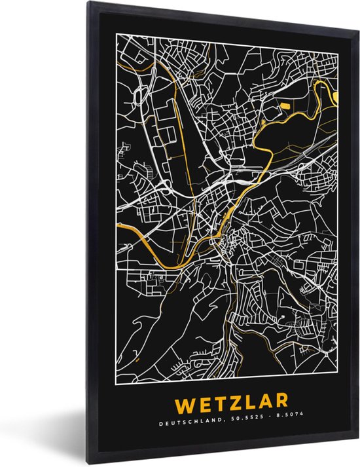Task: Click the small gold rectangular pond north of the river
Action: coord(285,105)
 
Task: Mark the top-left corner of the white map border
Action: coord(116,37)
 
